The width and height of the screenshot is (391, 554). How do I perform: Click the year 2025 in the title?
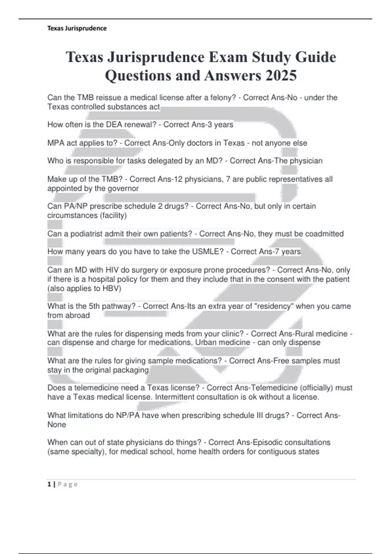click(281, 76)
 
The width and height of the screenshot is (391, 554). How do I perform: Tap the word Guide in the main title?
click(315, 57)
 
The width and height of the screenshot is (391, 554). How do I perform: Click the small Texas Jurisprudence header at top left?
click(77, 28)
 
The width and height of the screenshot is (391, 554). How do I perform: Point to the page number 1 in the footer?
click(49, 484)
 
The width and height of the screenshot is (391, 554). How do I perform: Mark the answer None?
click(57, 425)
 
